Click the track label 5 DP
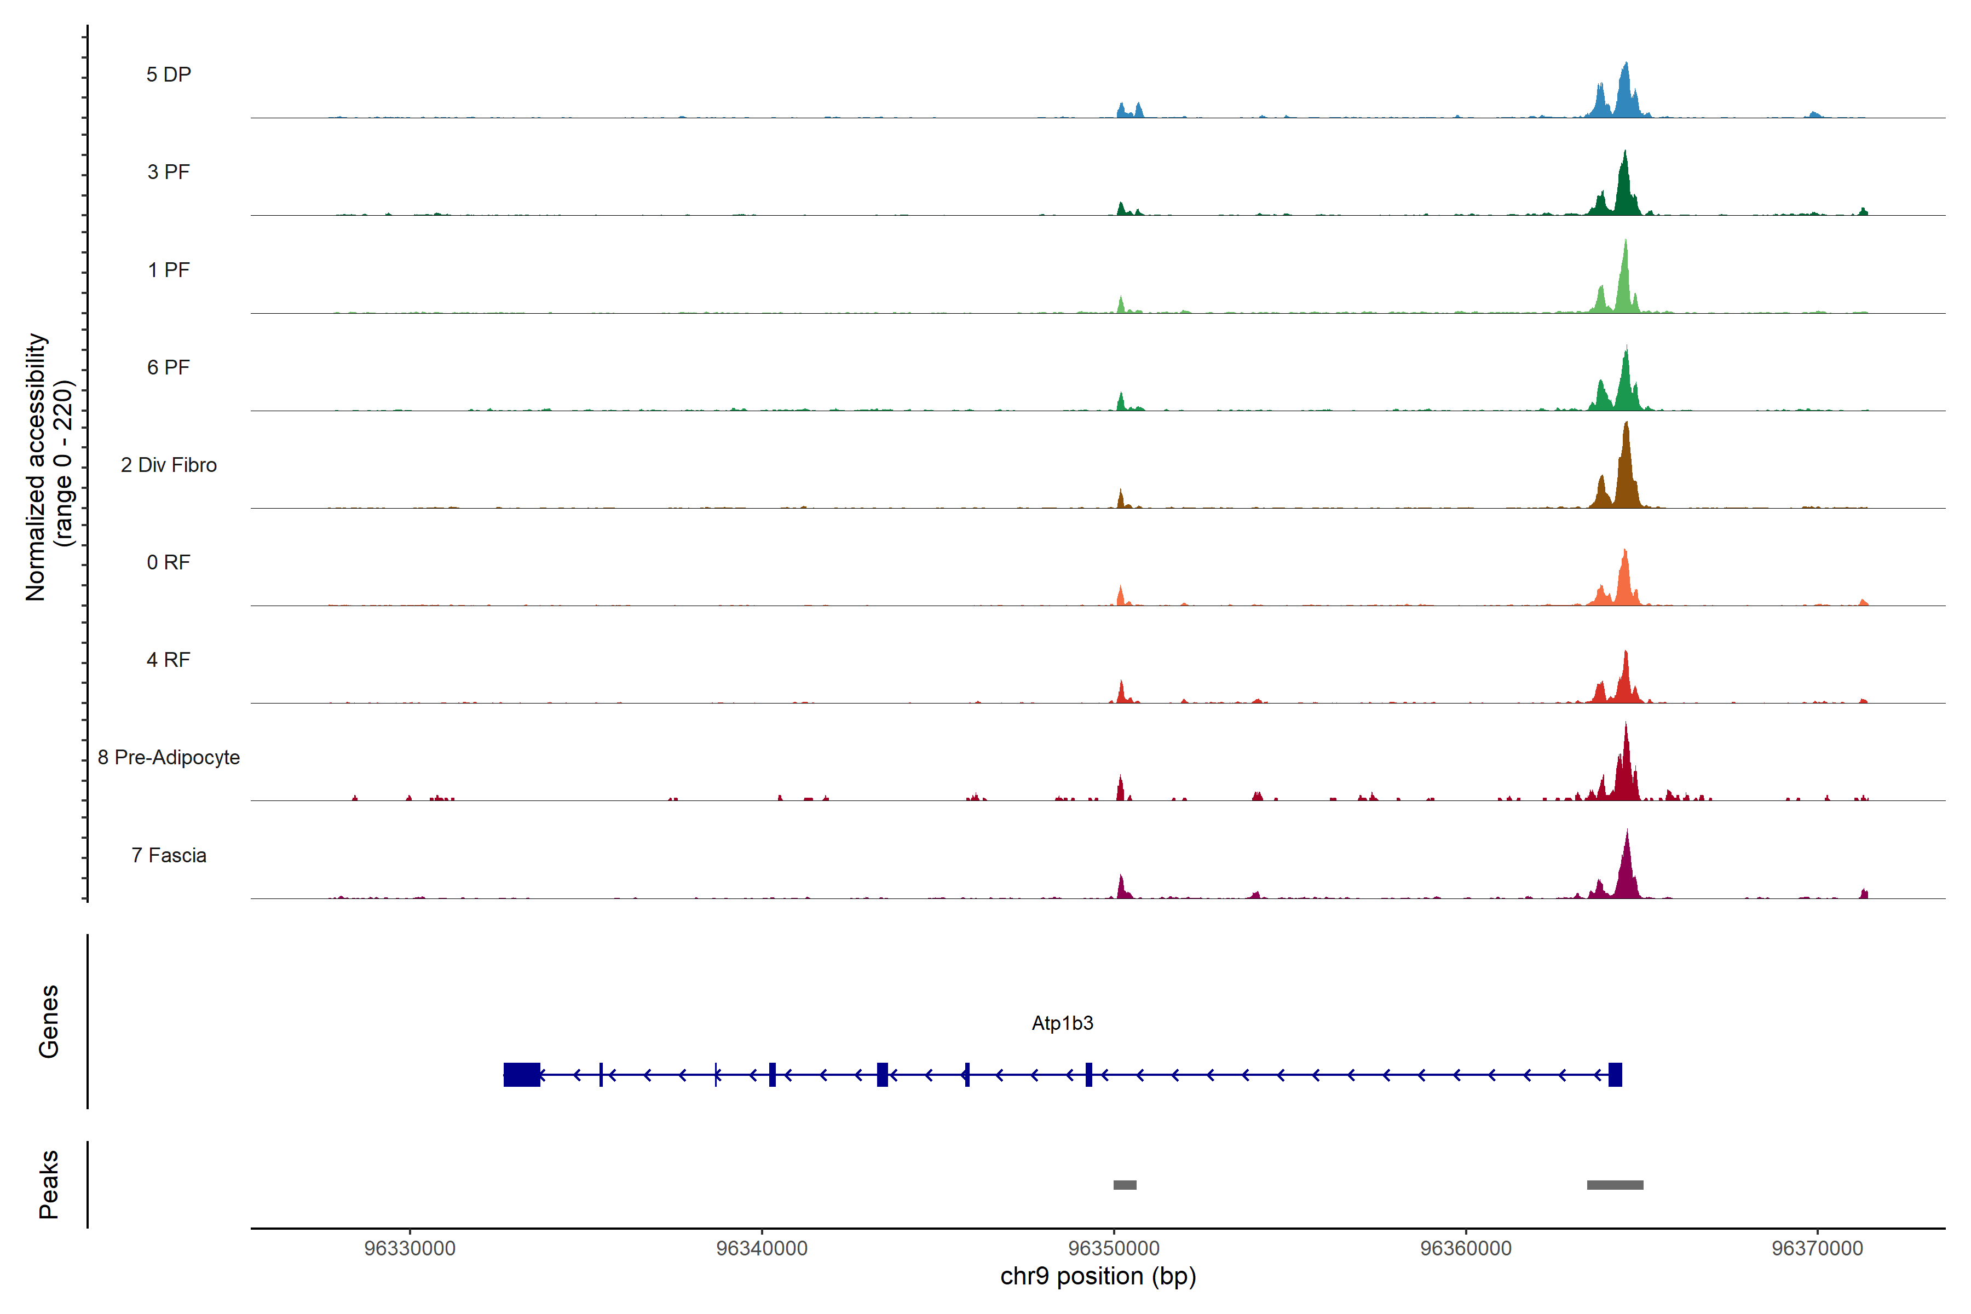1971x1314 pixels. tap(169, 74)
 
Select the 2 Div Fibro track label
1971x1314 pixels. tap(169, 465)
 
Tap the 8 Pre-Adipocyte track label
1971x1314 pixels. tap(169, 758)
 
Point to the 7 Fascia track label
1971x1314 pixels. tap(169, 856)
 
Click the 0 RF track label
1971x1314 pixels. tap(169, 562)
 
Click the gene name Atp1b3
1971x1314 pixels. tap(1062, 1023)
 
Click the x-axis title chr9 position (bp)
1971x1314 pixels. tap(1098, 1276)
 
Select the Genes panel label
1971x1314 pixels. tap(49, 1022)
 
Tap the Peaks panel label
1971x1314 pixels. tap(49, 1184)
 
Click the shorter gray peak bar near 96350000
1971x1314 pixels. tap(1125, 1185)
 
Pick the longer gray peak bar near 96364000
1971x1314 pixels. tap(1615, 1185)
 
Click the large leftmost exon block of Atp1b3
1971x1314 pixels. tap(521, 1074)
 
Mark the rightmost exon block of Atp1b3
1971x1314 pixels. tap(1615, 1074)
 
